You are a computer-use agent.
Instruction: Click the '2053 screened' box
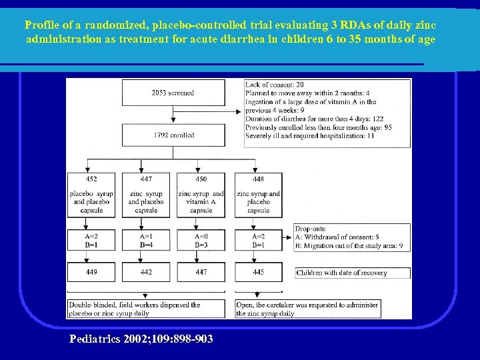coord(173,93)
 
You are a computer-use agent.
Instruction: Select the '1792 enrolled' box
coord(173,135)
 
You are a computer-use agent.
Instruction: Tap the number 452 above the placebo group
coord(91,179)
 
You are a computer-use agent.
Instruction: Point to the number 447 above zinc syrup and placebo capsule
coord(146,179)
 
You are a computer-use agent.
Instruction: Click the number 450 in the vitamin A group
coord(201,179)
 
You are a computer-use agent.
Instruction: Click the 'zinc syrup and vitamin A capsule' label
coord(201,201)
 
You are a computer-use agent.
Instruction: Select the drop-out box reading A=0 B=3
coord(201,240)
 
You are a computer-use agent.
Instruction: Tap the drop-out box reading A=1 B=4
coord(146,240)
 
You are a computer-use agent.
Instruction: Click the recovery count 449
coord(91,272)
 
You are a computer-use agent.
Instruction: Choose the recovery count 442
coord(146,272)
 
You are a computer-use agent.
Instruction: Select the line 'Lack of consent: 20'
coord(275,85)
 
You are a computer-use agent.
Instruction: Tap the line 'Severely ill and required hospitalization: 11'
coord(310,135)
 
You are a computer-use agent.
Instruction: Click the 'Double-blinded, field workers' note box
coord(146,309)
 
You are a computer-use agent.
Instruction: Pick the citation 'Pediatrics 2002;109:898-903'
coord(141,339)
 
